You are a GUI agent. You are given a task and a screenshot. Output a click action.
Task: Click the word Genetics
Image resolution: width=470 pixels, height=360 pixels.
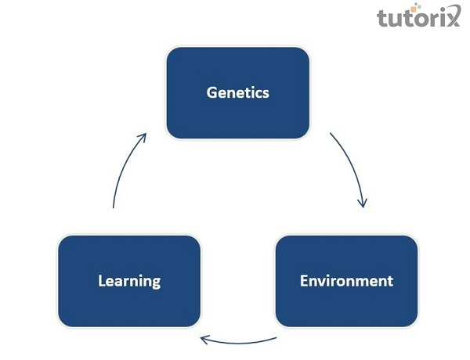pos(237,92)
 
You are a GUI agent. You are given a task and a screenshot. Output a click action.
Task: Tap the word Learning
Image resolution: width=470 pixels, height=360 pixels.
pos(129,280)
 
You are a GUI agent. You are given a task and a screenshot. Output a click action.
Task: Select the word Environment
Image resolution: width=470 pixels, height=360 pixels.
pos(346,280)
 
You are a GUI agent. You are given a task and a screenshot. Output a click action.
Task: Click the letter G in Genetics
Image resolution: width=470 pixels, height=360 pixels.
pos(211,92)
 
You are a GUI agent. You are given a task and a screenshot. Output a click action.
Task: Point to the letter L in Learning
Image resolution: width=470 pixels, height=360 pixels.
pos(102,280)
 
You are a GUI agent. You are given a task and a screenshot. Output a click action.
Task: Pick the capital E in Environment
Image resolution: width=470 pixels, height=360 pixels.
pos(304,280)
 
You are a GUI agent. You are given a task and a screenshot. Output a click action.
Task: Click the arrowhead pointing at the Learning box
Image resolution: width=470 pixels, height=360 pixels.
pos(204,339)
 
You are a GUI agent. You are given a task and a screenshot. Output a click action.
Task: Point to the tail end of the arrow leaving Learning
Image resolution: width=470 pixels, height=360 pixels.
pos(114,207)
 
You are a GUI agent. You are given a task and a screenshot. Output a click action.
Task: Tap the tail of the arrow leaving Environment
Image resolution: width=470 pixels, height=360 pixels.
pos(277,339)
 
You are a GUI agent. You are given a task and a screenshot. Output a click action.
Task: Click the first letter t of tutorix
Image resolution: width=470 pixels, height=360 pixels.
pos(383,17)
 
